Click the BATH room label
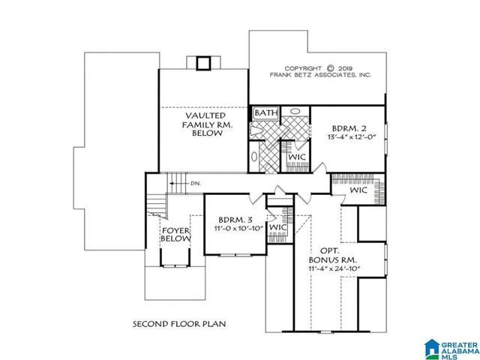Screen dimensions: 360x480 point(266,113)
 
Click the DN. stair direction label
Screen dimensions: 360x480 point(195,183)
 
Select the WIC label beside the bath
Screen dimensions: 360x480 point(295,157)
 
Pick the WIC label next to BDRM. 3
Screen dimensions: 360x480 point(278,226)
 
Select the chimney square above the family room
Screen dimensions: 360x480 point(203,63)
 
